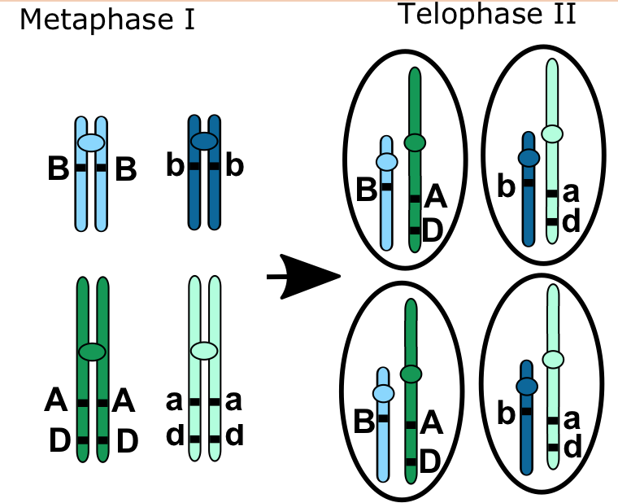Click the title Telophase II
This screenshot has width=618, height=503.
(488, 15)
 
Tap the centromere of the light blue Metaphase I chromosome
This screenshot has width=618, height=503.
(91, 142)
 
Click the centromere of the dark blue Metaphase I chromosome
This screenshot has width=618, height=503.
(203, 141)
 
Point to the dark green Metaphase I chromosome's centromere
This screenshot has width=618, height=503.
(92, 352)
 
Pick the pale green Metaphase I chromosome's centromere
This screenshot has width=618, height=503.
(204, 351)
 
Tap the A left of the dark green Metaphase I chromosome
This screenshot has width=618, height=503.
(56, 401)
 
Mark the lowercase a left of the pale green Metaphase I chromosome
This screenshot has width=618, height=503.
(172, 401)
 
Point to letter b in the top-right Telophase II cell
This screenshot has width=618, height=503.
(506, 187)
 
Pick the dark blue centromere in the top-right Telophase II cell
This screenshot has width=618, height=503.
(529, 157)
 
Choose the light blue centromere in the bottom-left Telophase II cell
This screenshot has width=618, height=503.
(383, 394)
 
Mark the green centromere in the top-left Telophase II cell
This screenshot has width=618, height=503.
(415, 142)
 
